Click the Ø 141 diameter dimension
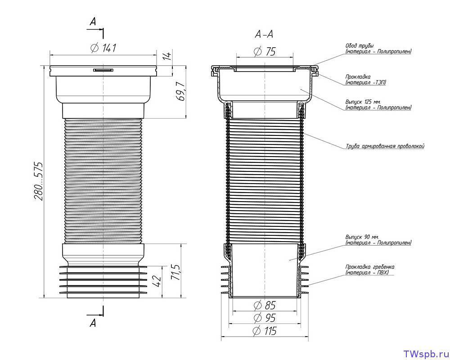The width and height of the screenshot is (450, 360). point(103,48)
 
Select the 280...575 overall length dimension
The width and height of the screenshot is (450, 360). point(38,181)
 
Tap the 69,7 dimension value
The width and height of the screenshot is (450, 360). point(180,91)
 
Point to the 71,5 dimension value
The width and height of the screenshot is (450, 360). point(175,272)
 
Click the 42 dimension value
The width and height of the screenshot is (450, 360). point(157,281)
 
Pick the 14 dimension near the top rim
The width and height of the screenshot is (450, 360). point(167,55)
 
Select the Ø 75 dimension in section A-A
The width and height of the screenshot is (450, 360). point(265,52)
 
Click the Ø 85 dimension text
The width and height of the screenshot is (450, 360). point(265,306)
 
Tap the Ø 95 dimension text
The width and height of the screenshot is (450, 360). point(265,318)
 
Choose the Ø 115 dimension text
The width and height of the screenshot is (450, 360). point(264,331)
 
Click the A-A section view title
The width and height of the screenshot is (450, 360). point(264,35)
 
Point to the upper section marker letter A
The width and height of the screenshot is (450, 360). point(93,21)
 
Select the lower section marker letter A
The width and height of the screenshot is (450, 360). point(93,323)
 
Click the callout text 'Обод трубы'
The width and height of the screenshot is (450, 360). point(359,46)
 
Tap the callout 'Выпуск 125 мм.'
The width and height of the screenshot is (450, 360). point(363,102)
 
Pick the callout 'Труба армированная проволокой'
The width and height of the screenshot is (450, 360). point(385,146)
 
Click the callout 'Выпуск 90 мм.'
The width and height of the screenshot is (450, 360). point(362,238)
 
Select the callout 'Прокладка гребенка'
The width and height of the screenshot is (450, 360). point(370,267)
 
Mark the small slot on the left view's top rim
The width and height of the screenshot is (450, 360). point(103,70)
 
